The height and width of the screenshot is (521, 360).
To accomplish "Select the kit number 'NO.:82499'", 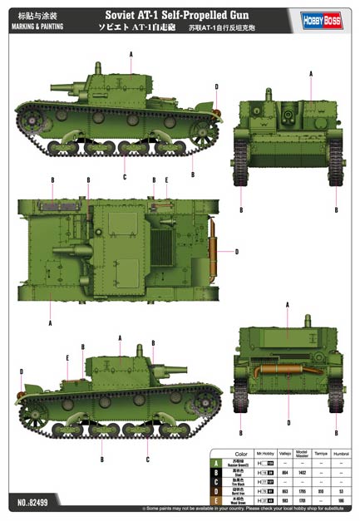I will (30, 502).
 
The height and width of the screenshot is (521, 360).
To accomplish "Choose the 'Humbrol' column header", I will (343, 452).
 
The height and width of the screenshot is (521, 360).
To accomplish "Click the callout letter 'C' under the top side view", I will (125, 178).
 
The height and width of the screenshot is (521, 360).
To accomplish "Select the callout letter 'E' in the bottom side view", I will (67, 358).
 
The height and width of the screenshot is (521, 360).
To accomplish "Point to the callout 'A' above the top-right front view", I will (311, 74).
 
